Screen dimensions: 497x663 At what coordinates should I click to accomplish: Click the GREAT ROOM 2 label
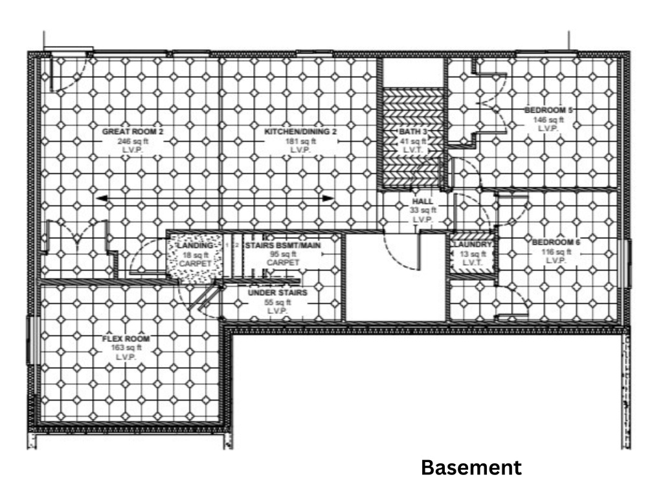click(x=133, y=132)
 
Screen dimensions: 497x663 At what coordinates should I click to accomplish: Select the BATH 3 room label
click(x=412, y=133)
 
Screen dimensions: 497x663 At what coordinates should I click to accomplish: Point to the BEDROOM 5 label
click(x=548, y=111)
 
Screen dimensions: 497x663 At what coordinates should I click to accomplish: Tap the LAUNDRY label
click(x=473, y=245)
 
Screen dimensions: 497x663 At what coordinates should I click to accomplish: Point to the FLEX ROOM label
click(x=126, y=339)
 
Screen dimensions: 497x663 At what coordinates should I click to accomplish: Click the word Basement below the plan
click(x=471, y=467)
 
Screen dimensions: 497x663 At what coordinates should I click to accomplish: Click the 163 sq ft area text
click(x=126, y=348)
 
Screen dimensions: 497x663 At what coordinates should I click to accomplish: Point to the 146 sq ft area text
click(x=548, y=120)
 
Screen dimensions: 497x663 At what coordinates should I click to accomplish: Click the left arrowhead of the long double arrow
click(x=99, y=198)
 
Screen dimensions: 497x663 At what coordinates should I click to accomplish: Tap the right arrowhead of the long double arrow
click(x=330, y=198)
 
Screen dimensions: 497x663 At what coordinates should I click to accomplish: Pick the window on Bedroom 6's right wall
click(x=625, y=263)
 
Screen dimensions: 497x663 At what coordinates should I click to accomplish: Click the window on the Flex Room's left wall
click(x=30, y=339)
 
